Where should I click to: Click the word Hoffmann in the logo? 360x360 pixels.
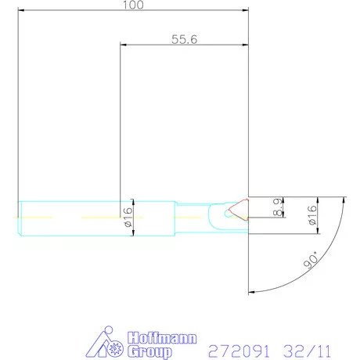click(x=146, y=337)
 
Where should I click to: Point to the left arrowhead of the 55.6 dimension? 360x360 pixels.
click(x=121, y=45)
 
